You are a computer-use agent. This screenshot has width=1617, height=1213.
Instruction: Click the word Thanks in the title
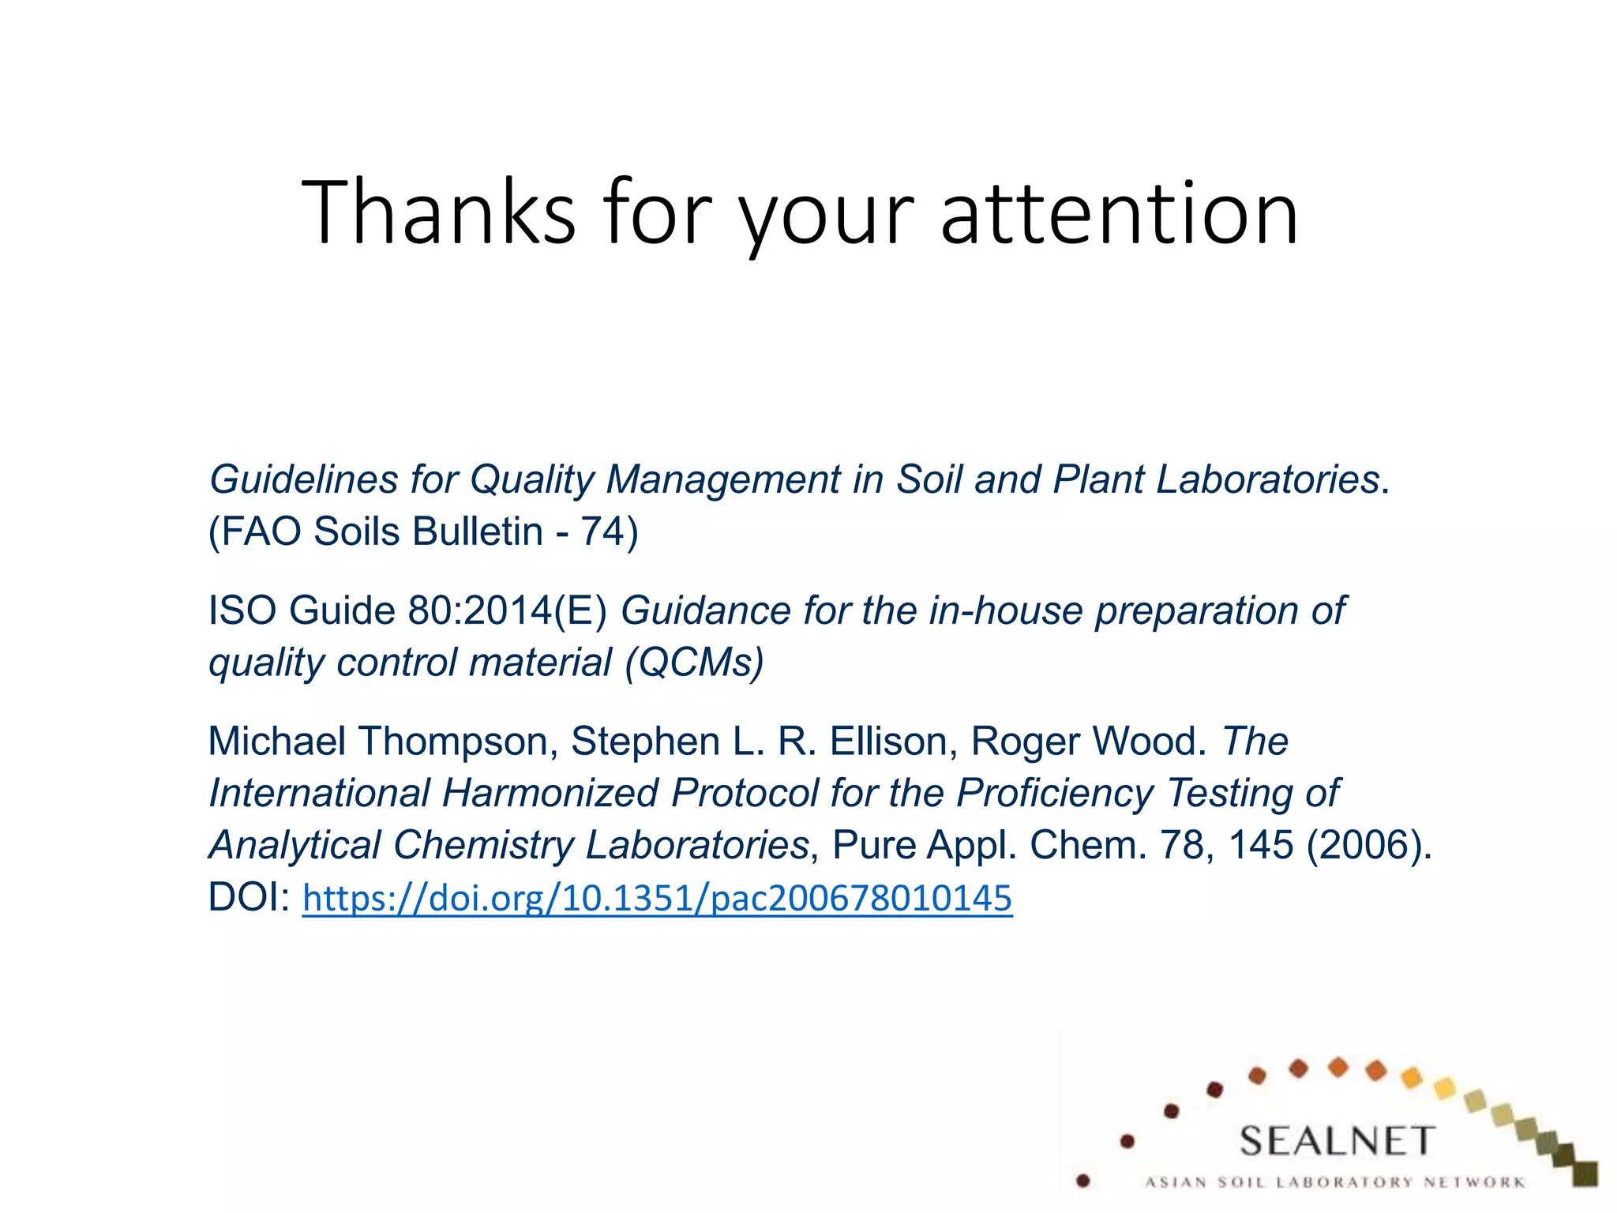438,212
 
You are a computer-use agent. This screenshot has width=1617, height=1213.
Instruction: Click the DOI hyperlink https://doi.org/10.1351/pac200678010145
657,898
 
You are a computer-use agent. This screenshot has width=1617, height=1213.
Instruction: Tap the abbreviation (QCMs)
694,662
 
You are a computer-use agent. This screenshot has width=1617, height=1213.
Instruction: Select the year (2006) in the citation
1368,844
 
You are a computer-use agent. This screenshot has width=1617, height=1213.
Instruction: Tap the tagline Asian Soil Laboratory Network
1335,1182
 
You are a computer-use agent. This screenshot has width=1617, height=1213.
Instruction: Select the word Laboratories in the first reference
1268,479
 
